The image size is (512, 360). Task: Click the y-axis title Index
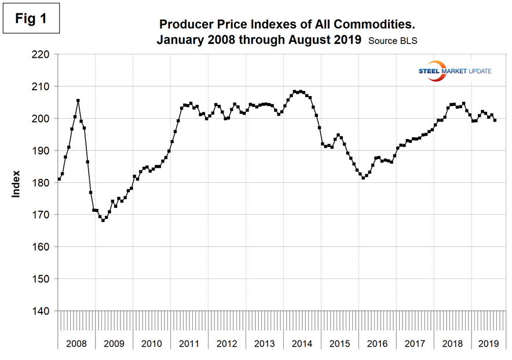pos(16,183)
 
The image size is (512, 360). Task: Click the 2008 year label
pos(76,343)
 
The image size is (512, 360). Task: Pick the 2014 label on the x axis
pos(302,343)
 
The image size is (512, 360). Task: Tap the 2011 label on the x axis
pos(189,343)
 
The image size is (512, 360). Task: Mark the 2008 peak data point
pos(78,100)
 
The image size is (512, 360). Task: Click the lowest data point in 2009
pos(103,221)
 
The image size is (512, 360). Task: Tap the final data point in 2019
pos(495,120)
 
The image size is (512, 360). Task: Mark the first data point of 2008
pos(59,179)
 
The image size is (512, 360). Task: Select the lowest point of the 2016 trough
pos(363,178)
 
